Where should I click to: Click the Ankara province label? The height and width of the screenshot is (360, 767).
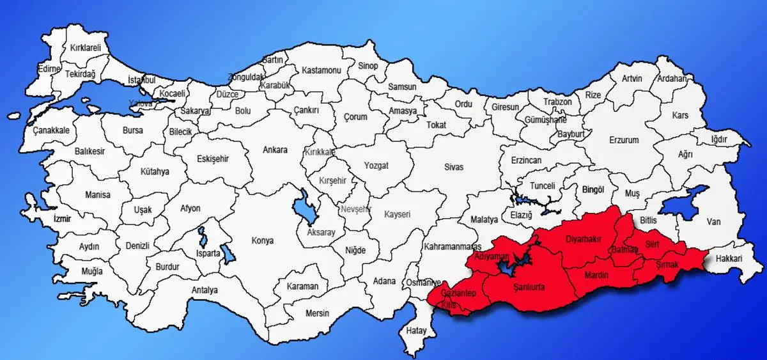275,150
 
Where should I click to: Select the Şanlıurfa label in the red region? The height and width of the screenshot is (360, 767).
529,288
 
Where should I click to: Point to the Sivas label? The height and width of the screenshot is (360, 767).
454,167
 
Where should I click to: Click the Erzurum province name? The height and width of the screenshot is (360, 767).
624,139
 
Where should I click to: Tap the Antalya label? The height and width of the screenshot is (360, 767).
205,290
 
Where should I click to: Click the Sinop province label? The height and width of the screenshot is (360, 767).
368,66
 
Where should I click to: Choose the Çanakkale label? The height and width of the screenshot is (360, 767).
51,130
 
